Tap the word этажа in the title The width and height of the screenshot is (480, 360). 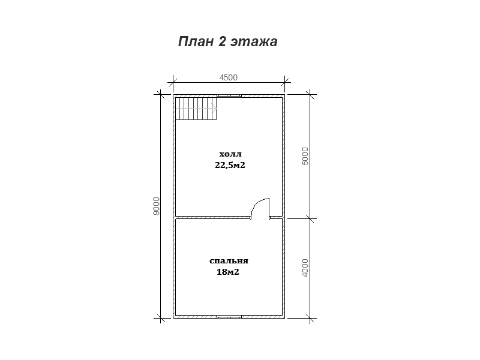tap(254, 42)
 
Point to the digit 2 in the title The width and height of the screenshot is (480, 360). tap(222, 41)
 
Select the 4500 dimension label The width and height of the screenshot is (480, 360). tap(229, 77)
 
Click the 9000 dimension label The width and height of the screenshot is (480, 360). tap(156, 206)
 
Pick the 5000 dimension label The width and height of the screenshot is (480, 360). tap(305, 156)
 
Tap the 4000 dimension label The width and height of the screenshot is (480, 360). tap(305, 268)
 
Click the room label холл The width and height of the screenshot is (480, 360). tap(230, 154)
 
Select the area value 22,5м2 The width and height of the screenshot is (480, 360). tap(230, 166)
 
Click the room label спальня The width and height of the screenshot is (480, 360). tap(229, 261)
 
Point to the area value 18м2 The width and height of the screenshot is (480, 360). tap(228, 272)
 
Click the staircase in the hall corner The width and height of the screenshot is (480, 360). tap(196, 109)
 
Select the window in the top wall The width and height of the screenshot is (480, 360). tap(229, 96)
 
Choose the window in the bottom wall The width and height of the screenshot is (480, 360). tap(229, 317)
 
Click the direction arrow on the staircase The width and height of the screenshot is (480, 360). tap(214, 109)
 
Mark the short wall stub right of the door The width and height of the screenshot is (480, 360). tap(276, 218)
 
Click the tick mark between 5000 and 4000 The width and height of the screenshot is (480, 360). tap(310, 218)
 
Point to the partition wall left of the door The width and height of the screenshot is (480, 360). tap(213, 218)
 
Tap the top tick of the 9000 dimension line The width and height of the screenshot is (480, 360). tap(160, 94)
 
